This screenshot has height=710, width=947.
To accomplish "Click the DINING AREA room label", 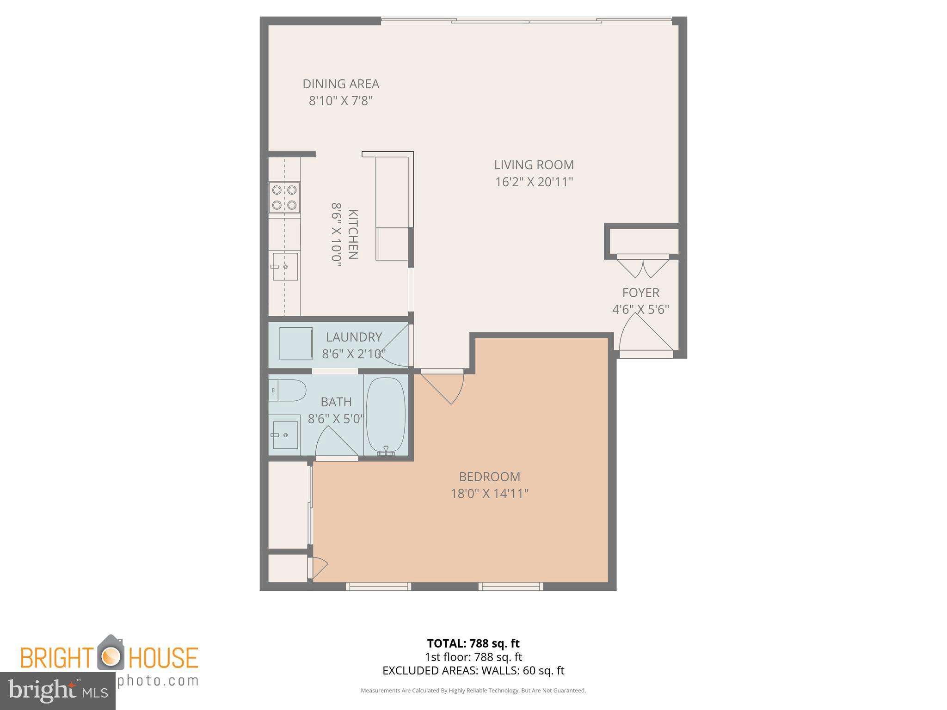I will [x=341, y=84].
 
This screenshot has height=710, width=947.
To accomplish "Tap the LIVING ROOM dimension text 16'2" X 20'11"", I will [x=534, y=182].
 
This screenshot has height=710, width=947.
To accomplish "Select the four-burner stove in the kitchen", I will [x=284, y=197].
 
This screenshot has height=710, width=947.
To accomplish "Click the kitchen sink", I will [x=285, y=267].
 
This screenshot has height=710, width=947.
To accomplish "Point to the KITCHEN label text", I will [x=352, y=234].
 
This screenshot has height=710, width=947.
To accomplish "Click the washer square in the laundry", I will [x=296, y=343].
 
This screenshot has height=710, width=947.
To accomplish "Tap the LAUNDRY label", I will [x=354, y=337].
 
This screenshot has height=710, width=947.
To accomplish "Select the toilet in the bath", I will [x=288, y=391].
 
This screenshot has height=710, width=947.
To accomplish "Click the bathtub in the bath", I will [x=386, y=415].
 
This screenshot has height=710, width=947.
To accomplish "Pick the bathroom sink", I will [x=285, y=435].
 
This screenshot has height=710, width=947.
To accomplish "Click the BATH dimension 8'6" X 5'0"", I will [x=336, y=419].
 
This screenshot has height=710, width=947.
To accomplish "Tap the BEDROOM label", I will [x=489, y=477].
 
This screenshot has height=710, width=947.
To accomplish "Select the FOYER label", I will [x=640, y=293].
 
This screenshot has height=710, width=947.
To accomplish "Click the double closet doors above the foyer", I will [x=643, y=267].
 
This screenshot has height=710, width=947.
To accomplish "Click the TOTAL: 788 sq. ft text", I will [x=473, y=643].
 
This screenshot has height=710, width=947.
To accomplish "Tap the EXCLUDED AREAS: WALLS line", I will [x=473, y=671].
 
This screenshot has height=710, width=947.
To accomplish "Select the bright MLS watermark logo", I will [x=57, y=691].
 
